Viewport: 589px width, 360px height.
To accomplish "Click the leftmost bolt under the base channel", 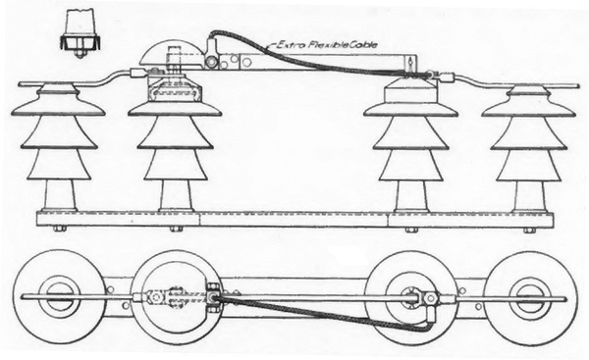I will pos(58,230).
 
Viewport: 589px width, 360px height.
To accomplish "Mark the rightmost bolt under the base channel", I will pos(529,230).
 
